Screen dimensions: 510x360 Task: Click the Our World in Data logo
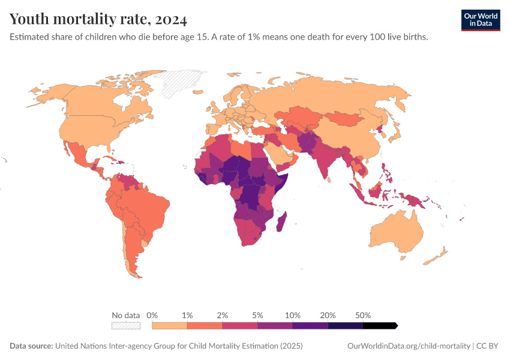481,20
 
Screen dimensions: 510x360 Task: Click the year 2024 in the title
171,20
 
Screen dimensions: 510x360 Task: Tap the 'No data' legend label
125,315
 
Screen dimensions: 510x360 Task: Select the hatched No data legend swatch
126,326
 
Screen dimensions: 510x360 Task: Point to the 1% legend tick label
187,315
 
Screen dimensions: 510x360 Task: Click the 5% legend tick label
257,315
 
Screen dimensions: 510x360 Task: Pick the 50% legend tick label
363,315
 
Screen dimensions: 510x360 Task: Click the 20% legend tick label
328,315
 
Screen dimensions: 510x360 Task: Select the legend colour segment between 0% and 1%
169,326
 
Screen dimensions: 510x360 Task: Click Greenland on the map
178,83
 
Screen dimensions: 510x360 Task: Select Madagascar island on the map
281,222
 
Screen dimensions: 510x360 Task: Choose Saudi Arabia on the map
280,154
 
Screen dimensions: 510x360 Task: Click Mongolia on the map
345,119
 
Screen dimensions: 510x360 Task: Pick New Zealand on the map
436,256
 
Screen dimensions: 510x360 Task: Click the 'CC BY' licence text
487,346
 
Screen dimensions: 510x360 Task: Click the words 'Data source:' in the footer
31,346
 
